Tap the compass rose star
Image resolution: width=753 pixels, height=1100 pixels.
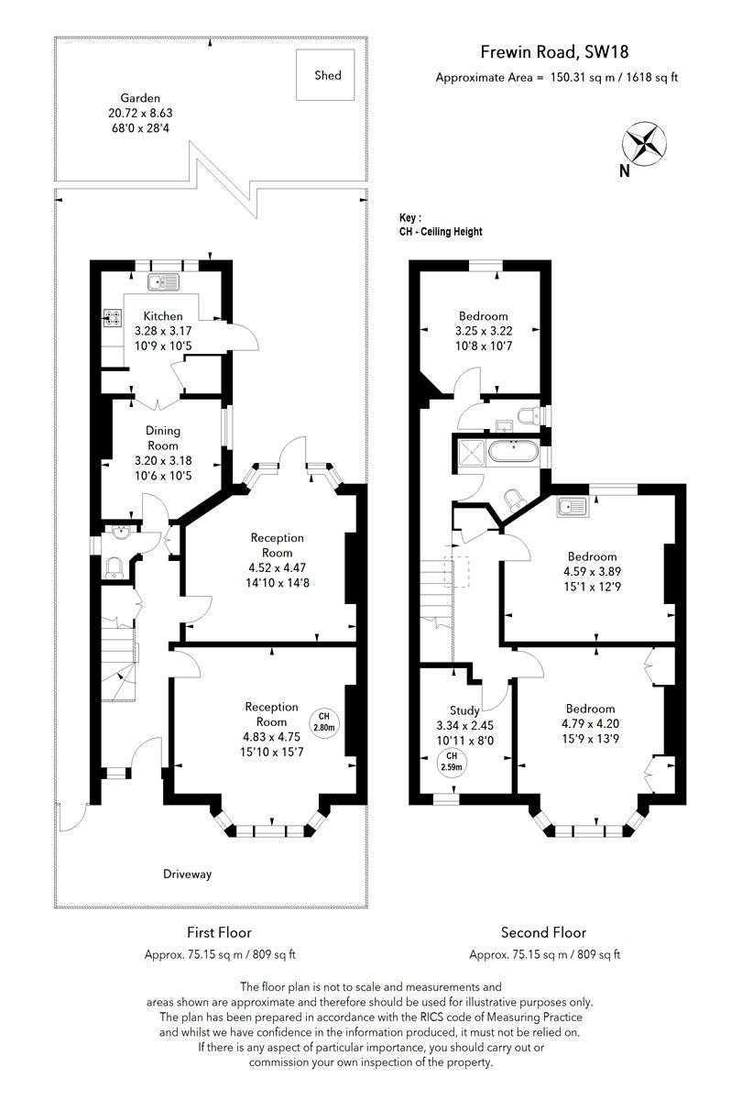(644, 144)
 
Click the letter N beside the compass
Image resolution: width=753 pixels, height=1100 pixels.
(625, 170)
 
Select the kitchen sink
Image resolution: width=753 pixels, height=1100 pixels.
(163, 282)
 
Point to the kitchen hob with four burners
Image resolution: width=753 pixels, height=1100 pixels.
(111, 318)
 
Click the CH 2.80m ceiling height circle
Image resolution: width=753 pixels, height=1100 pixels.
(324, 722)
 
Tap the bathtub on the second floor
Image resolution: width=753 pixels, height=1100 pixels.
(514, 451)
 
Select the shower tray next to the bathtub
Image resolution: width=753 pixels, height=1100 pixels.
(471, 451)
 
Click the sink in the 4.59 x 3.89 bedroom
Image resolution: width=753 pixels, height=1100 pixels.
(572, 506)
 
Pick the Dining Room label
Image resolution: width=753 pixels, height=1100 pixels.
(163, 438)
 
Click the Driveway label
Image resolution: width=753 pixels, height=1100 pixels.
(188, 874)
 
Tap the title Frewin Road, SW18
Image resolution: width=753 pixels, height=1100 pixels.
(554, 52)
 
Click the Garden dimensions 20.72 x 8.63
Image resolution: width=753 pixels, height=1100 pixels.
(140, 113)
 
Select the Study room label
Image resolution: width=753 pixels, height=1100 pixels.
(464, 710)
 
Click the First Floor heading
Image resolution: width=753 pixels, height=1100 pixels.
(219, 932)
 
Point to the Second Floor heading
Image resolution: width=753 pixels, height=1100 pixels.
(543, 932)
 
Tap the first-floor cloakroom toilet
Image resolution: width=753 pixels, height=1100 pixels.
(115, 568)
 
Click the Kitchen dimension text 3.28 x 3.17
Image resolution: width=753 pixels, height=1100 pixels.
(163, 331)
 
